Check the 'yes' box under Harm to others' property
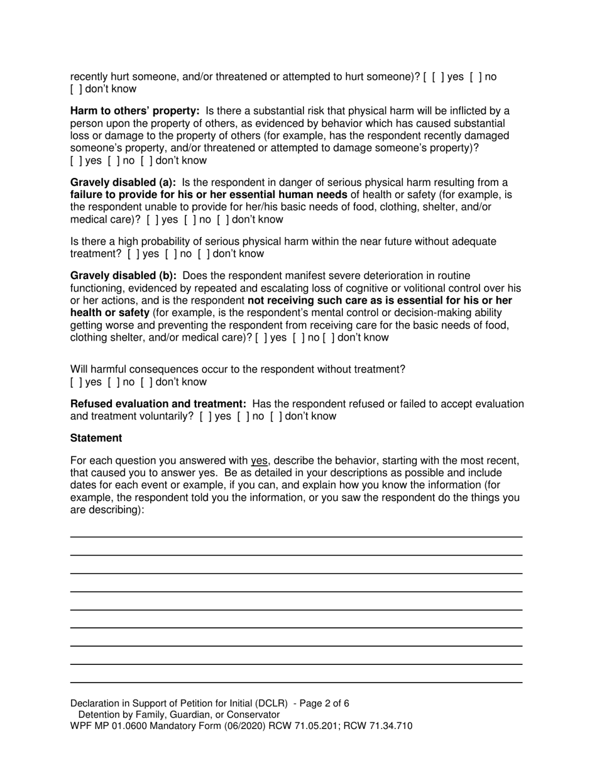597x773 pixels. (75, 160)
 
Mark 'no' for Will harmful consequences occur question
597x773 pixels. (112, 382)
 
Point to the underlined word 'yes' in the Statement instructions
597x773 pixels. (260, 461)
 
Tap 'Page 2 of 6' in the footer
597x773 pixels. (327, 703)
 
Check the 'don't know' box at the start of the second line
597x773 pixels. (75, 89)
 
